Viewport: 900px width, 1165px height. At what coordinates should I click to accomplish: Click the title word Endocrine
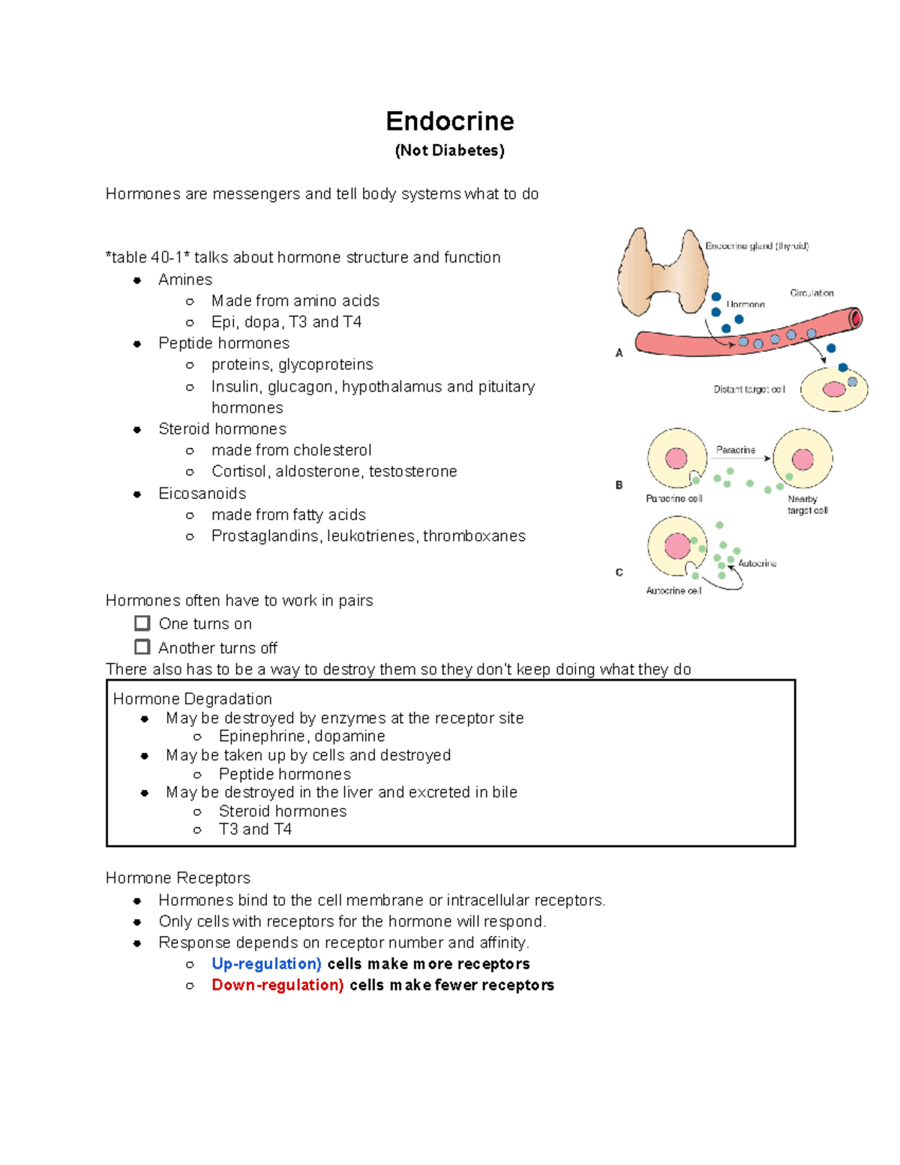(449, 121)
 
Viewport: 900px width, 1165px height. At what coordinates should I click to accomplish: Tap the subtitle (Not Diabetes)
(449, 151)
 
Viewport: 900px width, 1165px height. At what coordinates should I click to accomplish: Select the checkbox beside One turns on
(142, 623)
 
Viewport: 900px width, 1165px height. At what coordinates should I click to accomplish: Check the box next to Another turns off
(142, 647)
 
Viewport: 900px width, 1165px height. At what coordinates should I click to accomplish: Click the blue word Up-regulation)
(266, 964)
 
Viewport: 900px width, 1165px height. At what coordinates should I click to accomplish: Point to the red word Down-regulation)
(277, 985)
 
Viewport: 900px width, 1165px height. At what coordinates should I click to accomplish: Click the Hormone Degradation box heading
(192, 699)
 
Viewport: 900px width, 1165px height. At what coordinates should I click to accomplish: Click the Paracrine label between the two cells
(736, 450)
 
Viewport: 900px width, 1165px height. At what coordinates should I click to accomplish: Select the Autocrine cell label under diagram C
(673, 591)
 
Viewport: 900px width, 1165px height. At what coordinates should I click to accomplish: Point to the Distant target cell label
(748, 389)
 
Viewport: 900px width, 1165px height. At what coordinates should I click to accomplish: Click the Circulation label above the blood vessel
(811, 293)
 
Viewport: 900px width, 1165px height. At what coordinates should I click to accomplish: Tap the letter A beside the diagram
(619, 353)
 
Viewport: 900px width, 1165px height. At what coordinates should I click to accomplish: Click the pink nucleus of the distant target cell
(833, 389)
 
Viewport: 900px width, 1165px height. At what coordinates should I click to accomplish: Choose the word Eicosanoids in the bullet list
(202, 494)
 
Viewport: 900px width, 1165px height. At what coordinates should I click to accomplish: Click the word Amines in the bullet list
(185, 280)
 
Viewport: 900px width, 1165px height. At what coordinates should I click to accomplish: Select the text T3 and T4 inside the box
(255, 829)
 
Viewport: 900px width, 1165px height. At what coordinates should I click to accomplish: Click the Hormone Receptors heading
(178, 878)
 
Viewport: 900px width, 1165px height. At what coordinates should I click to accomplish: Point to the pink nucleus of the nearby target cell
(802, 459)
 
